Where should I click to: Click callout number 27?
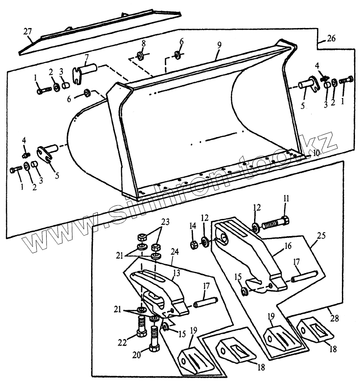pos(27,32)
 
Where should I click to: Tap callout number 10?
pos(316,153)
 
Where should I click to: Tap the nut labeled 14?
pos(193,245)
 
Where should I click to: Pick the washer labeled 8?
pos(140,56)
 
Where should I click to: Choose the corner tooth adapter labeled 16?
pos(249,253)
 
